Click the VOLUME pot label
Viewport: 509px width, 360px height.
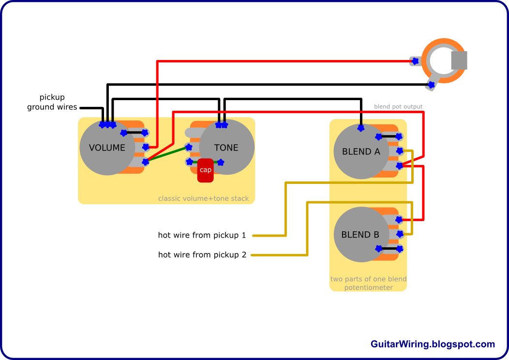point(107,148)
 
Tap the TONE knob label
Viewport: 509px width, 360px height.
point(226,148)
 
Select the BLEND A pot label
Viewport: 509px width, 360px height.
point(361,151)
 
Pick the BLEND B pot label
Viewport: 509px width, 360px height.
point(360,235)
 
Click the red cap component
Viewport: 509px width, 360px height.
point(206,170)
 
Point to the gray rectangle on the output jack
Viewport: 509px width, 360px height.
point(459,60)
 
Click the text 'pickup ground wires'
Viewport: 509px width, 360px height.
point(52,102)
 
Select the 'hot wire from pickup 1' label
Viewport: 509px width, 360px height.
point(202,235)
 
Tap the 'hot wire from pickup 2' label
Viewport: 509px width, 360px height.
point(202,255)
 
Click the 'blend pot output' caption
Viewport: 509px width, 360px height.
point(398,106)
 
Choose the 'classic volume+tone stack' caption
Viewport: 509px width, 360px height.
point(204,198)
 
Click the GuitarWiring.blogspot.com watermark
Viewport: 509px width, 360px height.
point(433,344)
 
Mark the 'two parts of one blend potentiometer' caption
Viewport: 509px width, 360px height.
point(368,283)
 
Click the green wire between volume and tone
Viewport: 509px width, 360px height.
point(167,154)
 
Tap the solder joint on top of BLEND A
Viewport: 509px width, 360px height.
point(360,128)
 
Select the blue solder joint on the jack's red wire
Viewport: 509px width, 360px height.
point(415,60)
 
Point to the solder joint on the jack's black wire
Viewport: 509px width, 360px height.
point(431,85)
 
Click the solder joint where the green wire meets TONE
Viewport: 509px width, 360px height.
point(189,148)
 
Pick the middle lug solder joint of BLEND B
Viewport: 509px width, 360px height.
point(400,233)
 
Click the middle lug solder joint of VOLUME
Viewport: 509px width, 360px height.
point(146,147)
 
